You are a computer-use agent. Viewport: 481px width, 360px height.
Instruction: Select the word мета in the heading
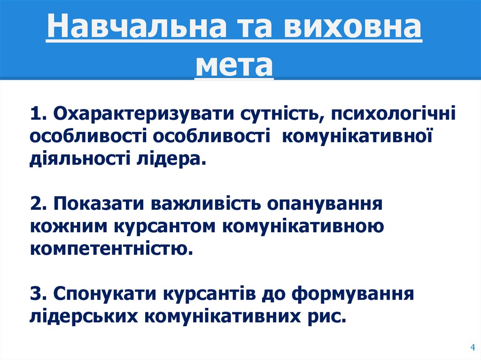pyautogui.click(x=234, y=66)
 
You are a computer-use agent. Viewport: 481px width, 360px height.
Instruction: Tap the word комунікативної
pyautogui.click(x=357, y=136)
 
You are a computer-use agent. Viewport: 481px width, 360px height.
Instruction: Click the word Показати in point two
pyautogui.click(x=100, y=205)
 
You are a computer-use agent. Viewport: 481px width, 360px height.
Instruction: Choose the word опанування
pyautogui.click(x=324, y=205)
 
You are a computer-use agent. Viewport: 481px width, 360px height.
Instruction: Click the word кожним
pyautogui.click(x=69, y=227)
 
